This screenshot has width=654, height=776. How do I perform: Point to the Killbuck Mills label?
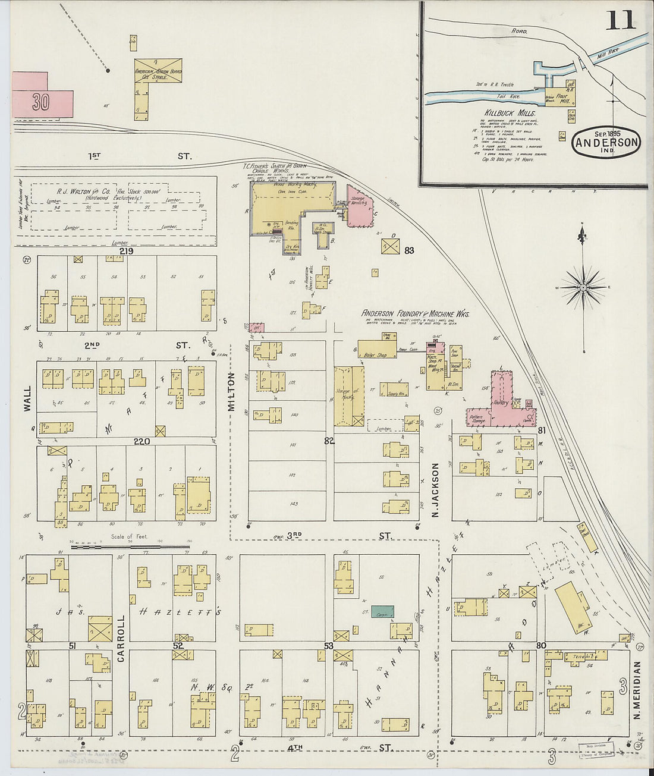pos(510,112)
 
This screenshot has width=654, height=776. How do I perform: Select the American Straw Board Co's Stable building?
pos(158,71)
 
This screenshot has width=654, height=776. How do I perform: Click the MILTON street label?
pos(232,391)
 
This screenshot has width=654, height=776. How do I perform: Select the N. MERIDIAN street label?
pos(637,690)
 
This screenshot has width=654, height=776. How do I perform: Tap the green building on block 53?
pos(382,611)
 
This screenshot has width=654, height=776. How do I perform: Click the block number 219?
pos(125,252)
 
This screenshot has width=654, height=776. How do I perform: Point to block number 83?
pos(409,250)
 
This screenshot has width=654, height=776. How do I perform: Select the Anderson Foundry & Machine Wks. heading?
pos(416,314)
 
